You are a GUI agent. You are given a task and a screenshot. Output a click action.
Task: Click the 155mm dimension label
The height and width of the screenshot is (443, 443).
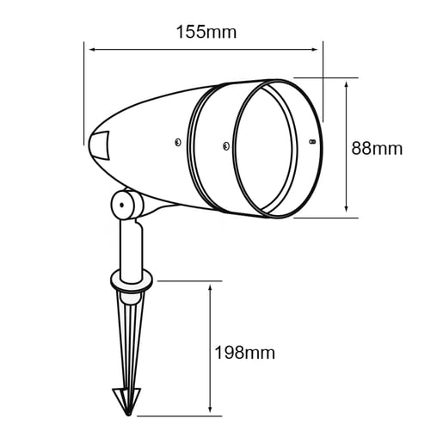[206, 32]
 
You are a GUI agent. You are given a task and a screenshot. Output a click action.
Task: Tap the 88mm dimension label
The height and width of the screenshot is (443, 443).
[377, 148]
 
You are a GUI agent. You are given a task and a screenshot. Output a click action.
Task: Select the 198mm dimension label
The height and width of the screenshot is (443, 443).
[244, 353]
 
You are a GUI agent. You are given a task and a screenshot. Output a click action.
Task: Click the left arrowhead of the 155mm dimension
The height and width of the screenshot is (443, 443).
[92, 50]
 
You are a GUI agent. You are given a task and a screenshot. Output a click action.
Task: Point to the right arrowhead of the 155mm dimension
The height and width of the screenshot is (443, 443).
[315, 50]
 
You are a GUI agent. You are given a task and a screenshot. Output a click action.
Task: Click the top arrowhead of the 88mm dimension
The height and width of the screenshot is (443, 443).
[347, 85]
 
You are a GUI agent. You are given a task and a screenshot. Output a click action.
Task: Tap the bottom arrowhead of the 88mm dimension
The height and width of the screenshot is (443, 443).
[347, 209]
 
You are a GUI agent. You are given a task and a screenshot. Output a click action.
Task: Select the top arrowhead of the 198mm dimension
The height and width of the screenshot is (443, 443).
[210, 288]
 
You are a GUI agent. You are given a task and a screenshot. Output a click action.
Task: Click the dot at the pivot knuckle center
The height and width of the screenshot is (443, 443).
[121, 205]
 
